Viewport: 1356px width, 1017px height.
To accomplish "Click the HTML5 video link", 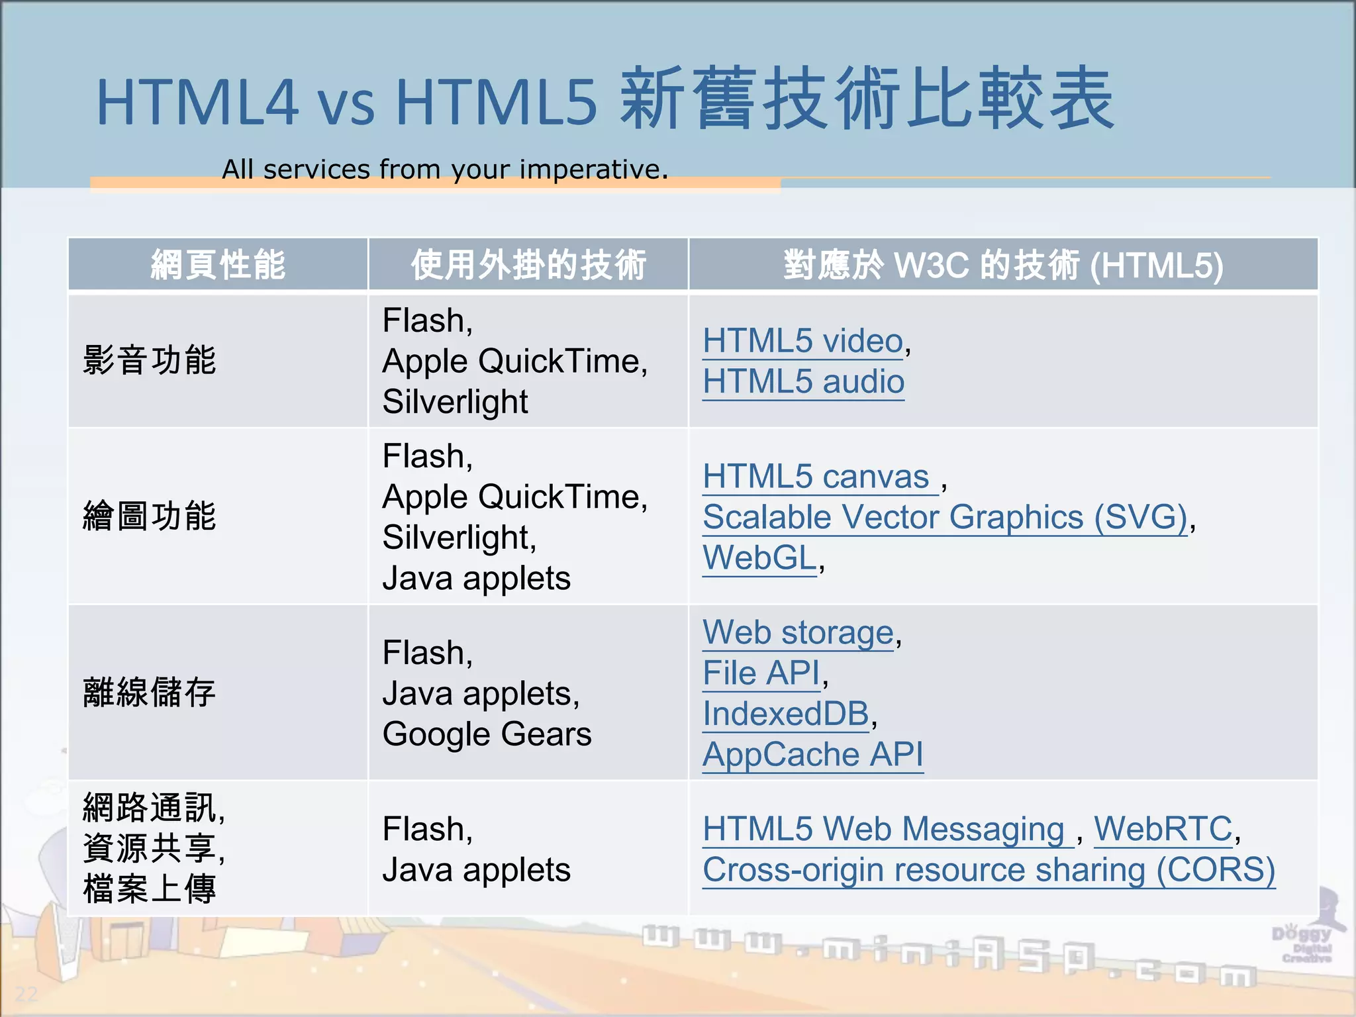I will pyautogui.click(x=802, y=342).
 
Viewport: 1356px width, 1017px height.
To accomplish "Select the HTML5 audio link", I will pyautogui.click(x=803, y=382).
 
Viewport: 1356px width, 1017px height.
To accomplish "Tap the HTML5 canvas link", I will pyautogui.click(x=816, y=477).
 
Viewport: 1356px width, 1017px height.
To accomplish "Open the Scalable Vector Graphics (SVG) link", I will pyautogui.click(x=945, y=518).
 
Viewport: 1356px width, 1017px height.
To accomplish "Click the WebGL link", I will pyautogui.click(x=759, y=558).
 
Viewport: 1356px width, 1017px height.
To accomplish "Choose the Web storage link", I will pyautogui.click(x=798, y=633).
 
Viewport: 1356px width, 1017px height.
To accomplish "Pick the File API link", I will pyautogui.click(x=761, y=674).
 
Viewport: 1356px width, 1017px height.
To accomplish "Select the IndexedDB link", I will pyautogui.click(x=785, y=714).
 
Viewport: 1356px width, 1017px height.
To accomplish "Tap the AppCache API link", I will pyautogui.click(x=812, y=755).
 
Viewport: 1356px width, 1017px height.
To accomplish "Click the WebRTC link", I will pyautogui.click(x=1163, y=830).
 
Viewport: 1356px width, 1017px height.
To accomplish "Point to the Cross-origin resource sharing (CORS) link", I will pyautogui.click(x=989, y=871).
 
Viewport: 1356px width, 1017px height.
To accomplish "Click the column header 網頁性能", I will pyautogui.click(x=218, y=265).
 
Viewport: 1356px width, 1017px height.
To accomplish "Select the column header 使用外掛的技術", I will pyautogui.click(x=528, y=265).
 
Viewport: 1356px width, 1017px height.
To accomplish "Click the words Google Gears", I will pyautogui.click(x=487, y=734).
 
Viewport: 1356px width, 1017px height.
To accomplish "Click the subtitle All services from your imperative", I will pyautogui.click(x=445, y=169).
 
